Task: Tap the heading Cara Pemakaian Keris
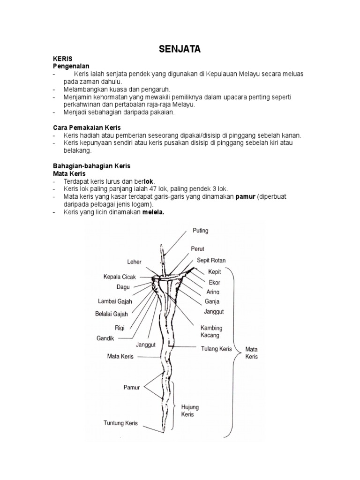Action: click(86, 127)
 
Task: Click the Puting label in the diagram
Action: click(201, 231)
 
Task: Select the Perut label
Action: click(197, 248)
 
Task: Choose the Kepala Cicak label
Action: click(120, 277)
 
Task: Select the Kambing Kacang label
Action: click(211, 331)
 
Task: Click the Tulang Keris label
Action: click(217, 348)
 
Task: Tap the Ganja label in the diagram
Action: click(212, 301)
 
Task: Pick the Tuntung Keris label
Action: click(120, 423)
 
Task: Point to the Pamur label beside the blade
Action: click(132, 387)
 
